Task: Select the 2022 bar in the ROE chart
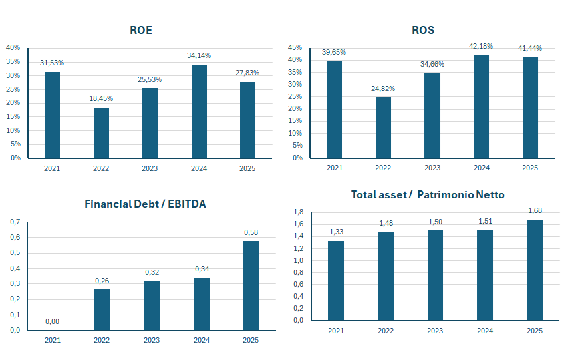(x=101, y=133)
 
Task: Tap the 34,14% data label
(x=199, y=55)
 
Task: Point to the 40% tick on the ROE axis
(x=13, y=48)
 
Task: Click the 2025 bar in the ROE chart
(x=247, y=120)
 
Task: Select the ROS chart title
(x=423, y=30)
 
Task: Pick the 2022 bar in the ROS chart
(x=383, y=128)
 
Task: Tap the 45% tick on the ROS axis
(x=295, y=48)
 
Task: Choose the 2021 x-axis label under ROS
(x=334, y=168)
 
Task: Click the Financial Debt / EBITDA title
(x=145, y=204)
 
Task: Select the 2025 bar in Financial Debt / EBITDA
(x=251, y=285)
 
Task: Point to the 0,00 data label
(x=52, y=322)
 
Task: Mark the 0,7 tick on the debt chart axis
(x=15, y=222)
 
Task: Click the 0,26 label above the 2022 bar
(x=102, y=281)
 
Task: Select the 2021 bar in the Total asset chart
(x=336, y=280)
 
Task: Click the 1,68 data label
(x=534, y=211)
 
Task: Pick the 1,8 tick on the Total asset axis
(x=298, y=212)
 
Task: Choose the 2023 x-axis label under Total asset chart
(x=435, y=331)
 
